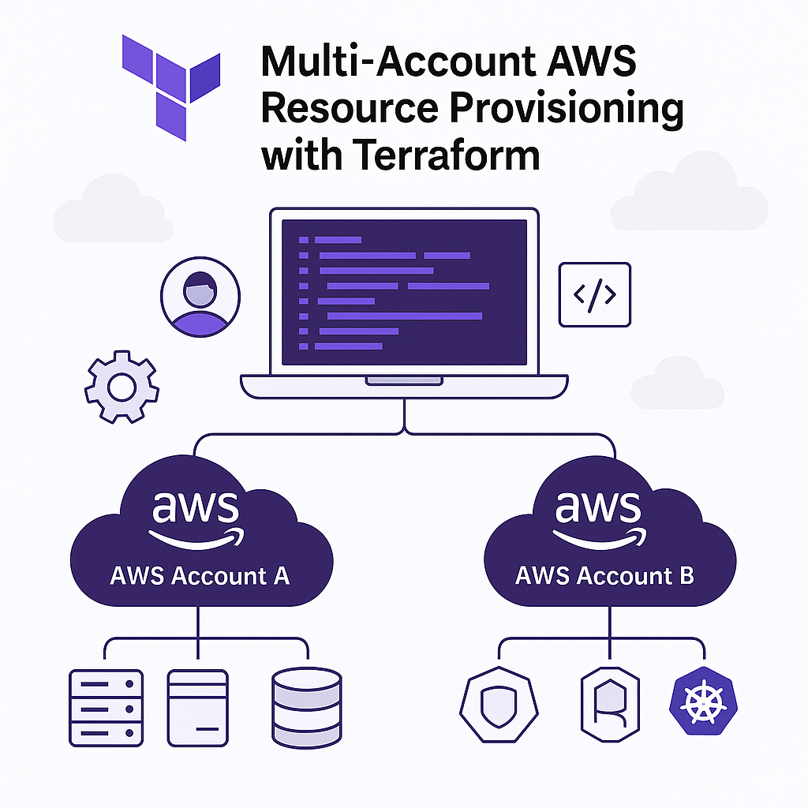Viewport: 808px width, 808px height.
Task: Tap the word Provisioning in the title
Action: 567,107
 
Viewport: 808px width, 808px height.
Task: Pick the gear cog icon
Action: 122,387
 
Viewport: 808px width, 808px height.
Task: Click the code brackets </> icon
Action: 594,294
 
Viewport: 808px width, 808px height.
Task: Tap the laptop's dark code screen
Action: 404,292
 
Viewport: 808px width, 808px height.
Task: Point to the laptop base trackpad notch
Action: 403,381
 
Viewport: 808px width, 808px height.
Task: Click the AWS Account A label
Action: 200,575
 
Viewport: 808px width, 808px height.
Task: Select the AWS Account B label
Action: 604,575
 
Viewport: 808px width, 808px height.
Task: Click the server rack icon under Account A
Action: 104,707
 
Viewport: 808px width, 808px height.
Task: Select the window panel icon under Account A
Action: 198,707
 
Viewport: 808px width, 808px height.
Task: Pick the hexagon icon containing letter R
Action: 610,705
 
